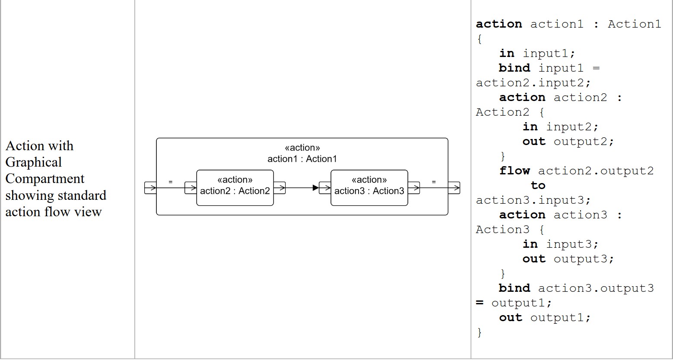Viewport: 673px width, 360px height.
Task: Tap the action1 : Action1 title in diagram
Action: coord(302,158)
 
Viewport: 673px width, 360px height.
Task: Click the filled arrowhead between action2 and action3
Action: coord(315,188)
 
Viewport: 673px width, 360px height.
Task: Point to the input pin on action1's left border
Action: coord(150,188)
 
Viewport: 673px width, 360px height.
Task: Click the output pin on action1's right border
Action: coord(454,188)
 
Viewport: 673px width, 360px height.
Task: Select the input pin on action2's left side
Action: coord(190,188)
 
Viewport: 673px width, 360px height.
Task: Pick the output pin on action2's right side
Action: coord(279,188)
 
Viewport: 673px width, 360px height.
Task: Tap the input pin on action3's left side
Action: coord(325,188)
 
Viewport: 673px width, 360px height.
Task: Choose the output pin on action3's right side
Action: coord(414,188)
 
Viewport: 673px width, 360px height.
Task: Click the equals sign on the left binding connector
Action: coord(170,182)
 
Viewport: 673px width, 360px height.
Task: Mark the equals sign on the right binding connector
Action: coord(434,182)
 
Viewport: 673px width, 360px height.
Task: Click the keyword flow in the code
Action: coord(514,171)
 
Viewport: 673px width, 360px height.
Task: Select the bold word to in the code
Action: coord(538,186)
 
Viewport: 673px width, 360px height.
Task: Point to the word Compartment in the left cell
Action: coord(45,179)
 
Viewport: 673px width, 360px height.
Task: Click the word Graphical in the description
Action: coord(34,162)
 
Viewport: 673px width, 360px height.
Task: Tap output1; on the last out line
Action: coord(560,318)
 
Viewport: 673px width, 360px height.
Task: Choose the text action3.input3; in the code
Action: coord(533,200)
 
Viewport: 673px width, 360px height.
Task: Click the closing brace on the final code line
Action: coord(479,332)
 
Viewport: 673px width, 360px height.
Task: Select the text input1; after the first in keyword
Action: coord(549,54)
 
